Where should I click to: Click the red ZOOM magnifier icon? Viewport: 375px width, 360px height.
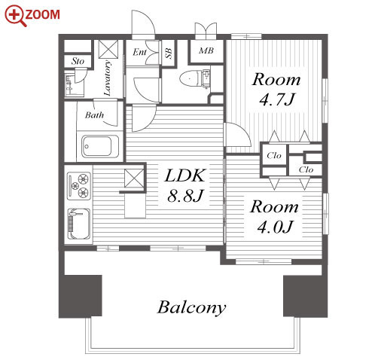pos(16,16)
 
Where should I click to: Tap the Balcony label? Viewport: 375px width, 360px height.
pos(191,307)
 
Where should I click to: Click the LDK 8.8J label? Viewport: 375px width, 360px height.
pos(185,185)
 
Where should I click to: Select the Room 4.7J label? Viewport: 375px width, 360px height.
pos(276,89)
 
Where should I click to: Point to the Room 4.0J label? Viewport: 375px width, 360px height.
pos(274,216)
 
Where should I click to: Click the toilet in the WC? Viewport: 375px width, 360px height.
pos(191,78)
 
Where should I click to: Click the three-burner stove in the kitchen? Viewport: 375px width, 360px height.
pos(79,186)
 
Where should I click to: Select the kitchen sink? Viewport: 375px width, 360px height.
pos(79,224)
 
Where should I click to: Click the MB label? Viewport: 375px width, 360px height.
pos(206,50)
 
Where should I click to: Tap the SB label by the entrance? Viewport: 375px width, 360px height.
pos(169,53)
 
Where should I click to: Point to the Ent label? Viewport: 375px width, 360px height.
pos(139,52)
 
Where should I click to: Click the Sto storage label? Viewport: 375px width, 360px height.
pos(78,61)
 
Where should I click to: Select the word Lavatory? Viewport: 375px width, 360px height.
pos(108,78)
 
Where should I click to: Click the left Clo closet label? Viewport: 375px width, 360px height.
pos(274,155)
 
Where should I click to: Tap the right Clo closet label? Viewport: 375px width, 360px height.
pos(306,169)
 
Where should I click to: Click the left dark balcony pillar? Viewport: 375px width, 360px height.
pos(81,296)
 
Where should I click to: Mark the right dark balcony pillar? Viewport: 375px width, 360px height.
pos(305,296)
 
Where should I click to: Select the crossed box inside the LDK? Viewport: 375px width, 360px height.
pos(134,178)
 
